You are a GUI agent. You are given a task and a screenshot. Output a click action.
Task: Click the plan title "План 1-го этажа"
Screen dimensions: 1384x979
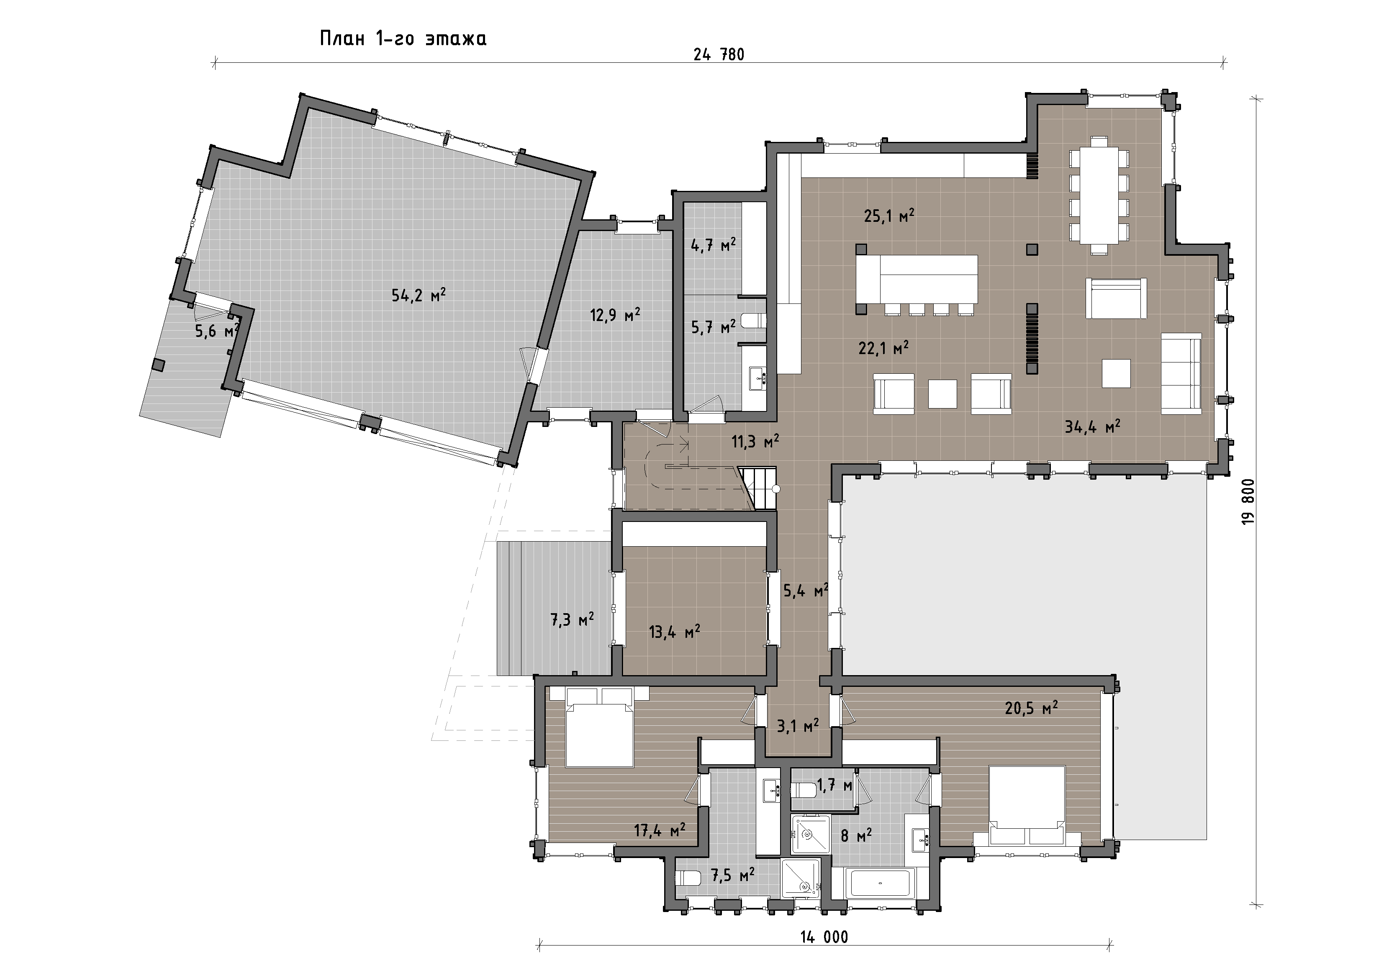403,39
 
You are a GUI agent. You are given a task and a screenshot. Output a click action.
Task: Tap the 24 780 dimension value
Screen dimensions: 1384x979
719,55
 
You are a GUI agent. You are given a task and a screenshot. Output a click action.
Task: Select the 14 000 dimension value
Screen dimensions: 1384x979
824,937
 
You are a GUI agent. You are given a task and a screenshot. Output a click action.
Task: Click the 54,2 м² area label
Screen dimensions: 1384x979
419,295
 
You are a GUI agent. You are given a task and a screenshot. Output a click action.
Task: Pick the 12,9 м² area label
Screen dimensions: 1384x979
615,315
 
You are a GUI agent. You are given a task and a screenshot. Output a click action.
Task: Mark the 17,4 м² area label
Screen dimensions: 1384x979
660,831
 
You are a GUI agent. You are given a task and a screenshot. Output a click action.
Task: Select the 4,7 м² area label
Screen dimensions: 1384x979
713,245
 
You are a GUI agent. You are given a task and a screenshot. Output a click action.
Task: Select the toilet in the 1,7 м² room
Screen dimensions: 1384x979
802,789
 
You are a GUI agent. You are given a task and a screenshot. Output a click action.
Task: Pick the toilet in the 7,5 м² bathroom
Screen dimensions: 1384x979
688,878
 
